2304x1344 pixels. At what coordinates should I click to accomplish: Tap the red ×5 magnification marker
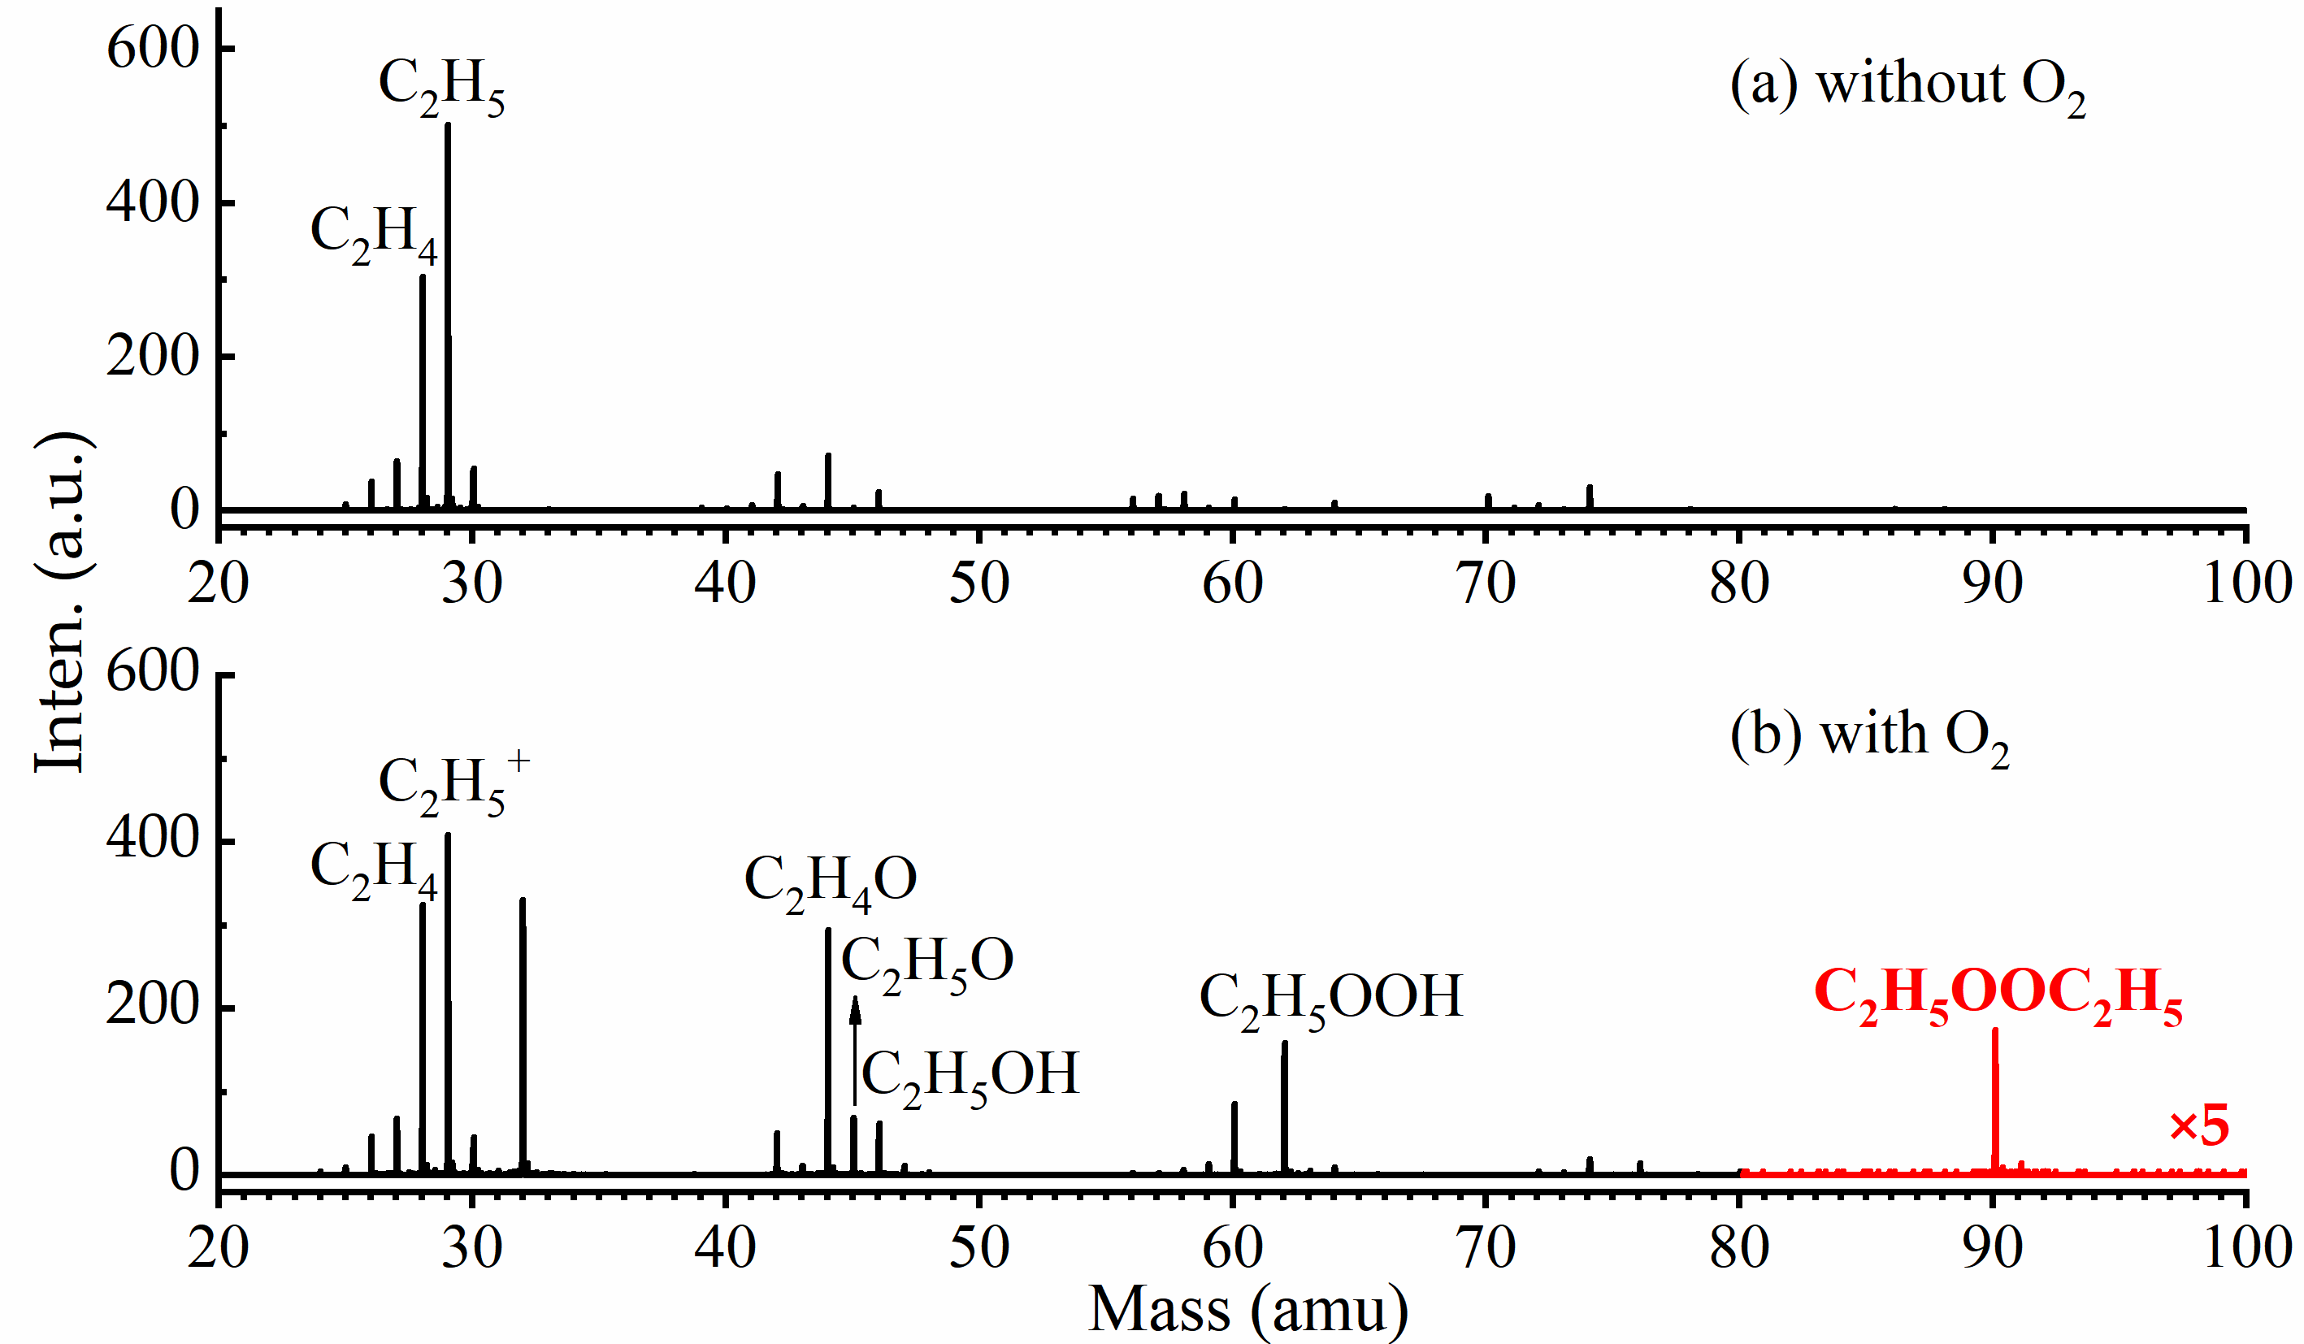pyautogui.click(x=2200, y=1126)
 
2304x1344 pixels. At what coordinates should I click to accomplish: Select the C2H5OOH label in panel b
pyautogui.click(x=1330, y=999)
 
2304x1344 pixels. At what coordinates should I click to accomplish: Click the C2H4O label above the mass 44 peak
pyautogui.click(x=831, y=882)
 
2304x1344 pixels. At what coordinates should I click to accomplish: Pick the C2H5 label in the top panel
pyautogui.click(x=441, y=87)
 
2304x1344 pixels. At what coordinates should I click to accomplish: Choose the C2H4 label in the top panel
pyautogui.click(x=374, y=233)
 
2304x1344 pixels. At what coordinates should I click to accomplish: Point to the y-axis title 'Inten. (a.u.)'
pyautogui.click(x=62, y=604)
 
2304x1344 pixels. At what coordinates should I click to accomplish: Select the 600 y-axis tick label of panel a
pyautogui.click(x=153, y=49)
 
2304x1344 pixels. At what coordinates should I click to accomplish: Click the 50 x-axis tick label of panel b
pyautogui.click(x=979, y=1248)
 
